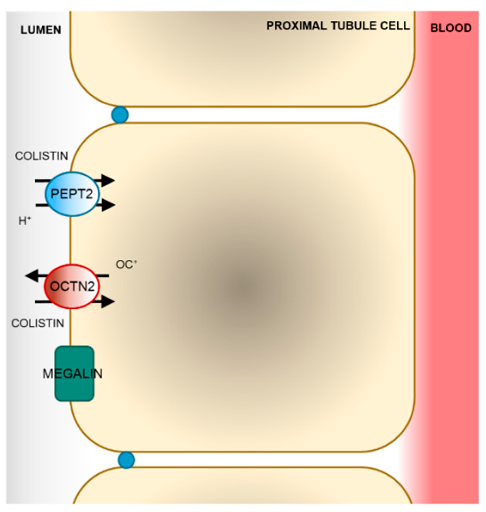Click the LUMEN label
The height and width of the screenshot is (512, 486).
pyautogui.click(x=41, y=30)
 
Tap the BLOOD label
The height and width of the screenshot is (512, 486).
pyautogui.click(x=451, y=28)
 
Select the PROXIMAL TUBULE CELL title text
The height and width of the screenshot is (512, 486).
pyautogui.click(x=338, y=26)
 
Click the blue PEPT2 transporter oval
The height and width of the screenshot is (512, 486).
pyautogui.click(x=72, y=194)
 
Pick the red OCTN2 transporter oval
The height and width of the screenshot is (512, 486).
pyautogui.click(x=72, y=286)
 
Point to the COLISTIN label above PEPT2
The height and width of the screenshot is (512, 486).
pyautogui.click(x=42, y=156)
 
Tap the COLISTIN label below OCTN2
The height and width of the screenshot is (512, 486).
pyautogui.click(x=38, y=323)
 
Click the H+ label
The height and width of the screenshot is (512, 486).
pyautogui.click(x=25, y=221)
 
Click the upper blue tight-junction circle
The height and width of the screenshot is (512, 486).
pyautogui.click(x=120, y=115)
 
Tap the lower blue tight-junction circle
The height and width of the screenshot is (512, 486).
pyautogui.click(x=126, y=460)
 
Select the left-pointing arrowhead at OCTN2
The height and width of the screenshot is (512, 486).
pyautogui.click(x=31, y=276)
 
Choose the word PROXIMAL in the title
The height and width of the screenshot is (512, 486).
pyautogui.click(x=296, y=26)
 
